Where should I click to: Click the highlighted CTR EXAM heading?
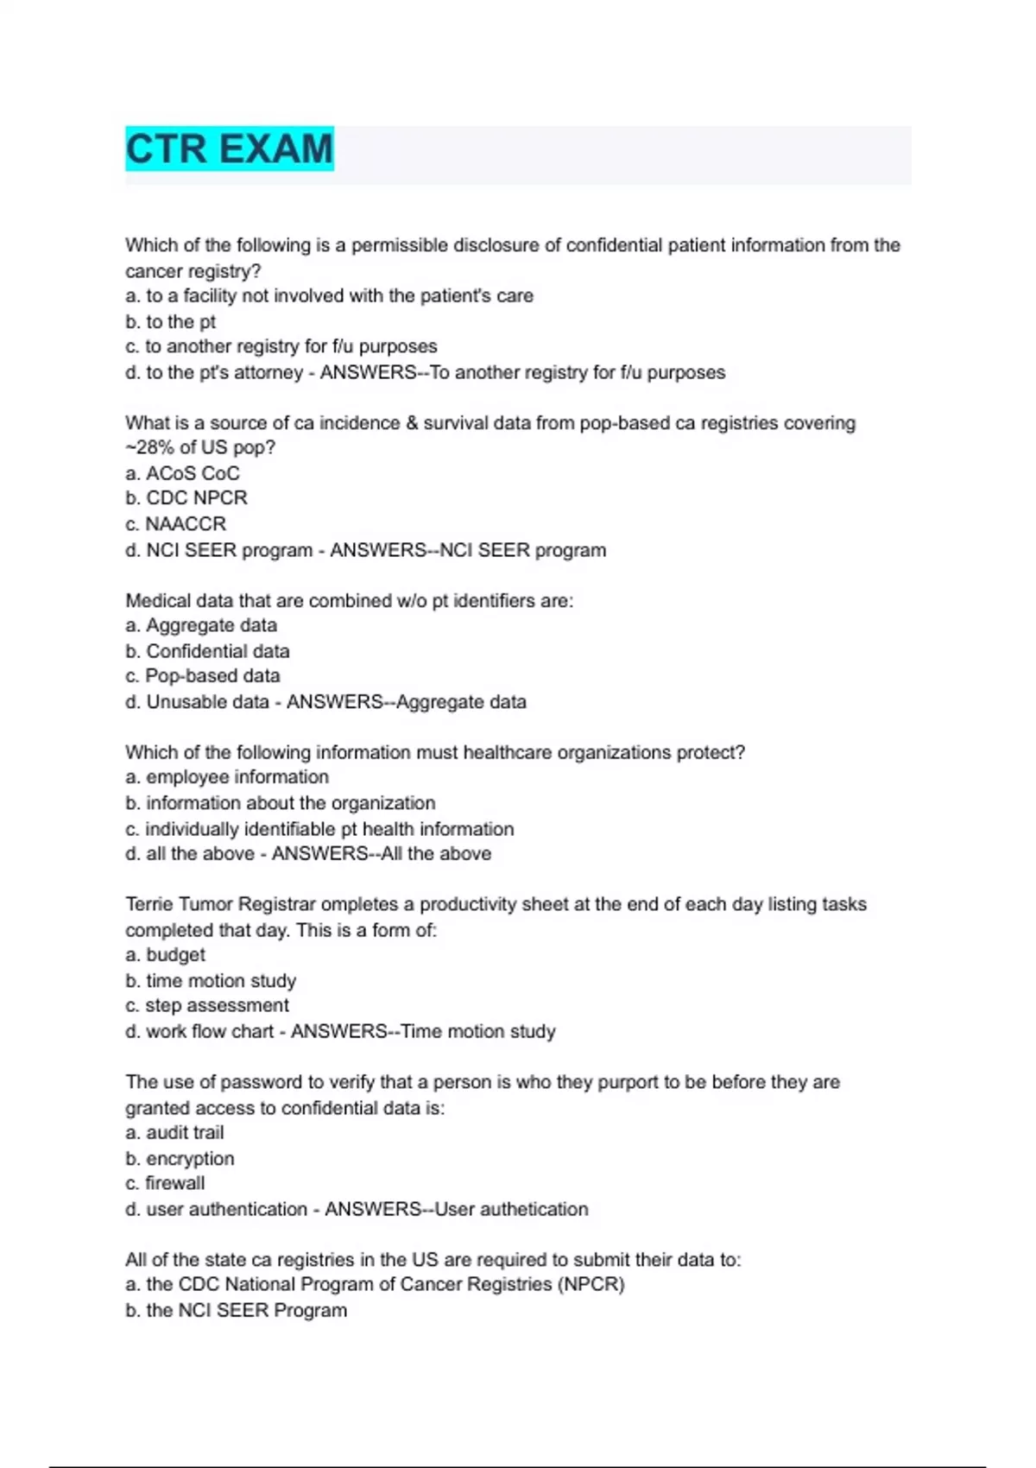(229, 149)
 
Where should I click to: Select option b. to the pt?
(170, 322)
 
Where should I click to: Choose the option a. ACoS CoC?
(182, 473)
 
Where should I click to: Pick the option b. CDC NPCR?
(186, 498)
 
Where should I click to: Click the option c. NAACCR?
(175, 524)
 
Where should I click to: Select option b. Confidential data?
(207, 651)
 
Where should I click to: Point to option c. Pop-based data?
(203, 676)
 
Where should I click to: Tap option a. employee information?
(227, 777)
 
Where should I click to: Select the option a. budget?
(165, 955)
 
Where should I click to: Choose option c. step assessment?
(207, 1006)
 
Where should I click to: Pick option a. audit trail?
(174, 1133)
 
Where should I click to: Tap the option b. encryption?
(180, 1159)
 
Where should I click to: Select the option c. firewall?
(165, 1184)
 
